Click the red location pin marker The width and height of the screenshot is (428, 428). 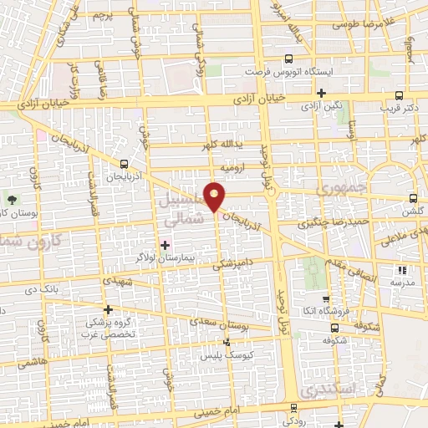[x=215, y=196]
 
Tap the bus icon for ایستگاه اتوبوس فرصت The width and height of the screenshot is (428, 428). [x=288, y=59]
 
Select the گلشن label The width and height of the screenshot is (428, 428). [x=413, y=212]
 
